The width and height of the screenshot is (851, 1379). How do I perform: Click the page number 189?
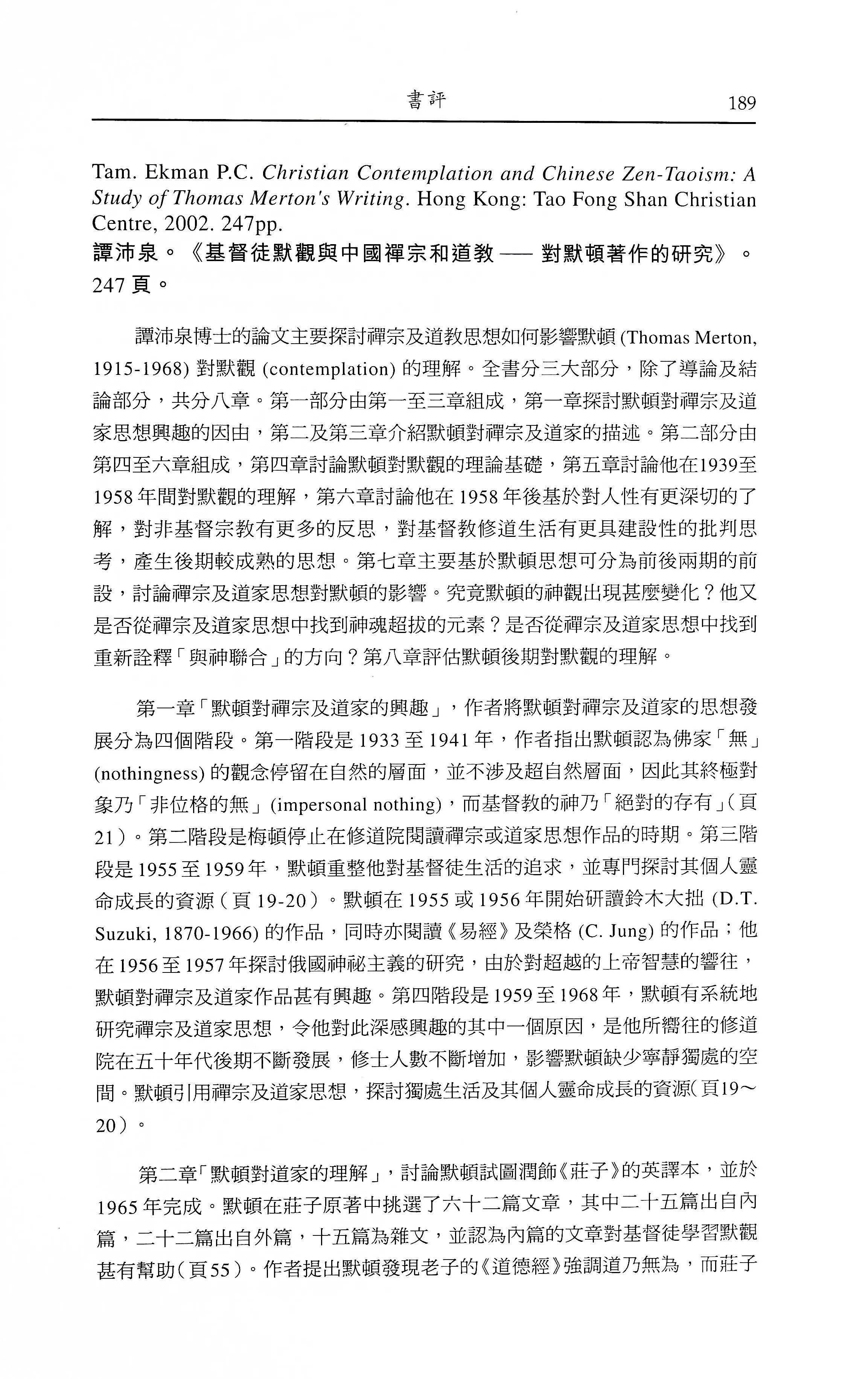742,103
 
